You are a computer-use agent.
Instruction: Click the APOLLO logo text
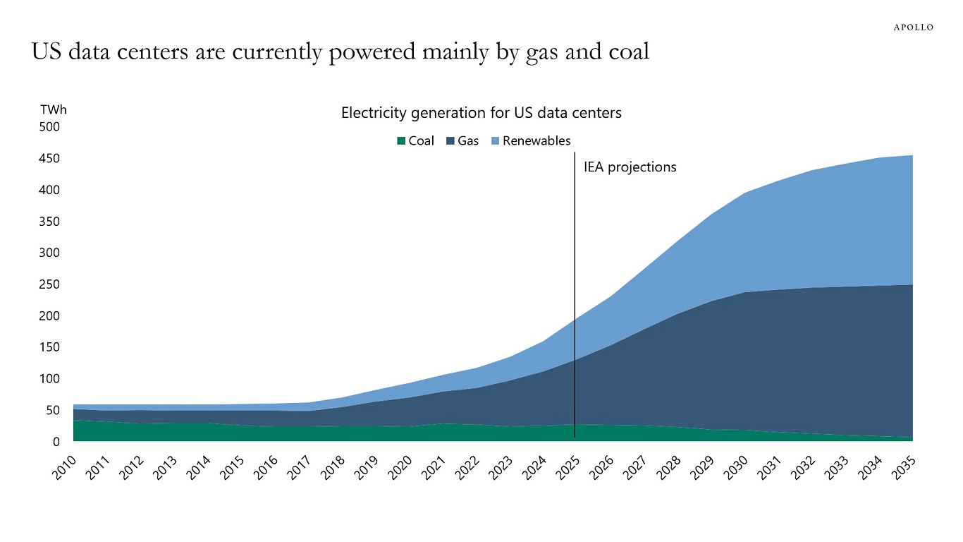[913, 28]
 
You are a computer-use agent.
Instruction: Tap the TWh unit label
[54, 110]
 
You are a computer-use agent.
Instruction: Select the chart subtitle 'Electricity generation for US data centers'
[481, 113]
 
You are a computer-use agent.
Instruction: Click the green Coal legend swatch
[401, 141]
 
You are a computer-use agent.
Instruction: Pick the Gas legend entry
[462, 141]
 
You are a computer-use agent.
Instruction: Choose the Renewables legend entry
[530, 141]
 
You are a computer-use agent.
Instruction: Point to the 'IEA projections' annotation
[630, 167]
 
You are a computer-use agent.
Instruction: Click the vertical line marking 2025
[575, 296]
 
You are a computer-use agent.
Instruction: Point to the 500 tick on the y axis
[49, 127]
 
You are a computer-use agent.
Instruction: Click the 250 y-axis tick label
[49, 284]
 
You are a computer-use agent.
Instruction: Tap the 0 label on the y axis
[56, 442]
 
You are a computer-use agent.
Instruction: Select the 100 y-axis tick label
[49, 379]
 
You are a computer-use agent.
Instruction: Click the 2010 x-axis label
[65, 469]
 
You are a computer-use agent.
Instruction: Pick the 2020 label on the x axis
[400, 469]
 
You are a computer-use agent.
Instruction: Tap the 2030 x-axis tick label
[737, 469]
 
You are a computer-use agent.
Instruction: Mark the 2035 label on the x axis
[904, 469]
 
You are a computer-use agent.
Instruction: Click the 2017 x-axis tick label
[300, 469]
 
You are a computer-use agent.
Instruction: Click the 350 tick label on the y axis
[49, 222]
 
